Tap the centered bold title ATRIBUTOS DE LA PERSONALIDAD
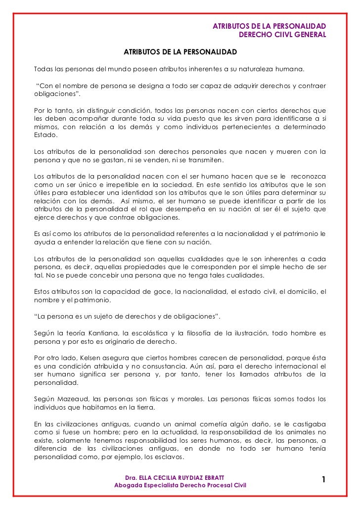click(180, 52)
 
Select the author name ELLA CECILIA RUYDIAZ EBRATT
click(182, 477)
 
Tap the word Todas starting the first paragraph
click(43, 68)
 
